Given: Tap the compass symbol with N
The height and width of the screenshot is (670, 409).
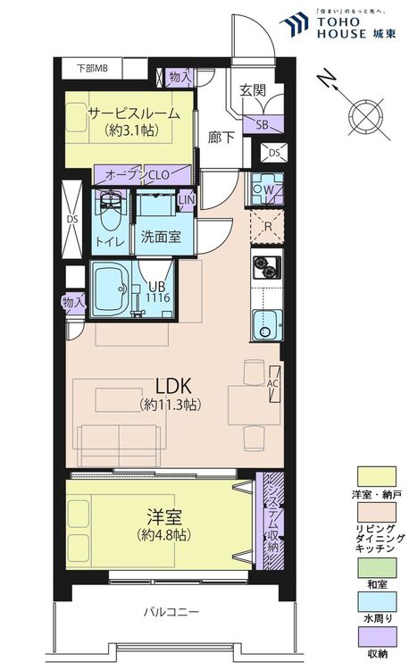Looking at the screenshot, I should click(x=364, y=114).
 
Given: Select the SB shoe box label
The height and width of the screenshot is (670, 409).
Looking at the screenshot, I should click(x=264, y=124).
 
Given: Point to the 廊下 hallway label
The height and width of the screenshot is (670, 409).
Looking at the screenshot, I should click(x=221, y=138).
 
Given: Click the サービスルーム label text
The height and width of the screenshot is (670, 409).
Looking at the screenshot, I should click(x=129, y=113).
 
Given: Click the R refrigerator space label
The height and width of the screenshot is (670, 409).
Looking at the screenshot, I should click(x=266, y=226).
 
